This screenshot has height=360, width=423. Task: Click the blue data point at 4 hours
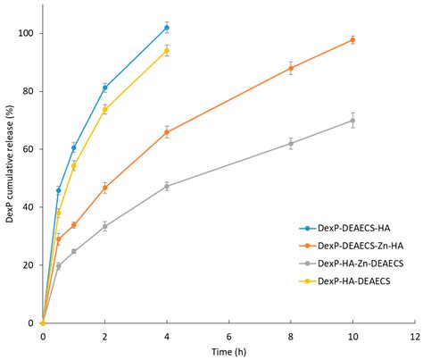[x=166, y=28]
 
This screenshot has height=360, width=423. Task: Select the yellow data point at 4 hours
[x=166, y=51]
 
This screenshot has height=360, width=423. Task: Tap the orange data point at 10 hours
[x=352, y=39]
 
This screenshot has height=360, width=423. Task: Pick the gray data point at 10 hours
[x=352, y=121]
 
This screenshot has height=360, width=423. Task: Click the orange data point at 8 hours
[x=291, y=68]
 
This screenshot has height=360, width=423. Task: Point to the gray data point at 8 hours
[x=291, y=143]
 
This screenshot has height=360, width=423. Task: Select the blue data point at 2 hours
[x=104, y=88]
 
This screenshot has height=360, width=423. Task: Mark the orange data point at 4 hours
[x=166, y=132]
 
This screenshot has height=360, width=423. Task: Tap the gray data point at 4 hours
[x=166, y=186]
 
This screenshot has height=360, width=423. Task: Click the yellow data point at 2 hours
[x=104, y=109]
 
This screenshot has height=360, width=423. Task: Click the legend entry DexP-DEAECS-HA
[x=344, y=230]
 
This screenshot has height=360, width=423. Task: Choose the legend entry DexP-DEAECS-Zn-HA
[x=351, y=247]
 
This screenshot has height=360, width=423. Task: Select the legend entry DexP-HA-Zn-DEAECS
[x=351, y=264]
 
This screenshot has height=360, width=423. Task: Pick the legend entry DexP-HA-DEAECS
[x=344, y=280]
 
